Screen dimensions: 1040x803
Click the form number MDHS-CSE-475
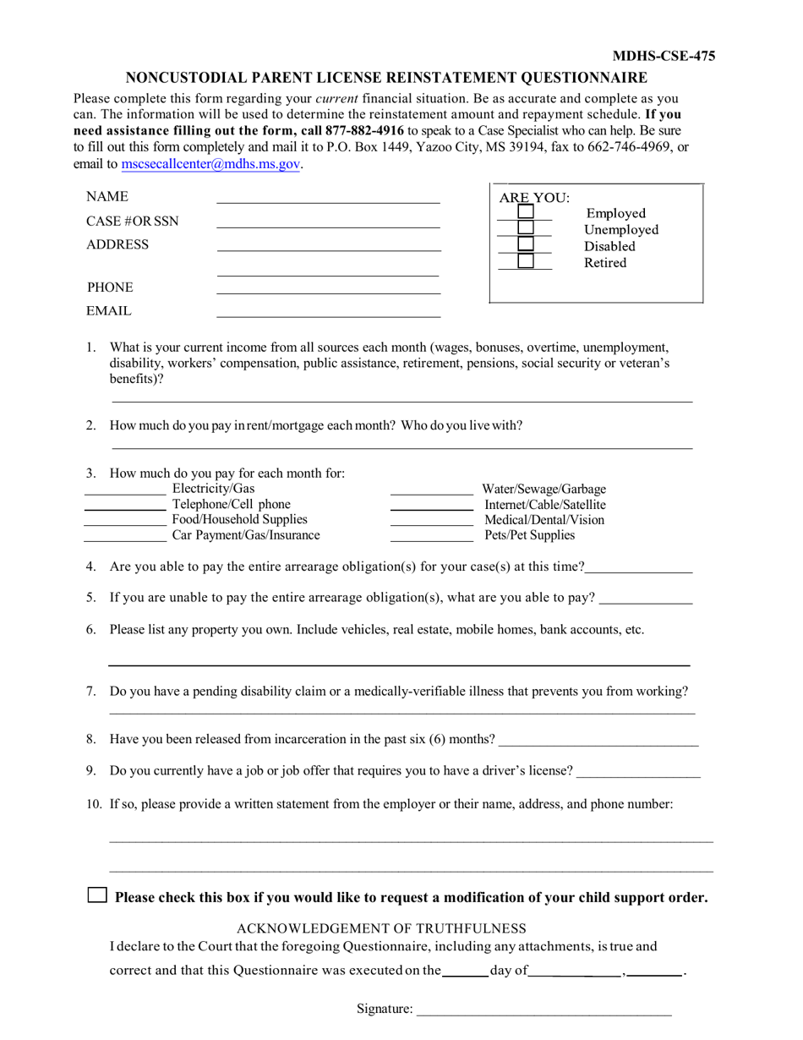click(x=664, y=57)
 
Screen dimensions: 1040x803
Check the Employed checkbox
click(x=526, y=212)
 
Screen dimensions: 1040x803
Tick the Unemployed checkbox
click(x=526, y=228)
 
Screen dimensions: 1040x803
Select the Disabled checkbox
click(x=526, y=244)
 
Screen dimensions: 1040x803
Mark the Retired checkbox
click(x=526, y=261)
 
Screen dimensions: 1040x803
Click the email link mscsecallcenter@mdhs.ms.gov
click(x=210, y=164)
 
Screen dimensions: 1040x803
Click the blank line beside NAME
click(x=328, y=198)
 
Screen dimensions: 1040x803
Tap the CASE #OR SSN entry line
click(x=328, y=222)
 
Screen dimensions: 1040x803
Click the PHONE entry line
click(x=328, y=288)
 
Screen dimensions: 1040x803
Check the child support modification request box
click(x=98, y=895)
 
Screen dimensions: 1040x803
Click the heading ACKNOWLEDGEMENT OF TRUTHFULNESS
click(x=381, y=928)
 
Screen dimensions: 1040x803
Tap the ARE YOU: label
click(x=534, y=198)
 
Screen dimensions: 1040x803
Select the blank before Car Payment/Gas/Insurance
click(x=125, y=535)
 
